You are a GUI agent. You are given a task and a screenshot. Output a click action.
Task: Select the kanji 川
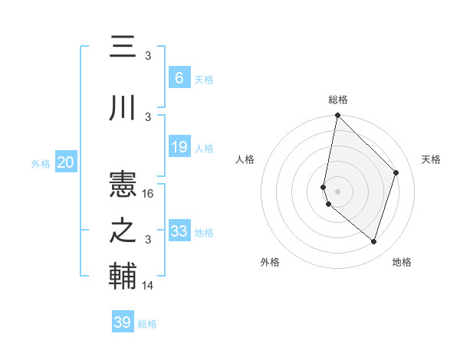click(123, 107)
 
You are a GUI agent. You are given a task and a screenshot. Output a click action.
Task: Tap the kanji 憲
click(123, 184)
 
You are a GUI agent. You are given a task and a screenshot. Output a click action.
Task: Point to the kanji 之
click(123, 231)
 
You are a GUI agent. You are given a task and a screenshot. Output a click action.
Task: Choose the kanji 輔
click(123, 277)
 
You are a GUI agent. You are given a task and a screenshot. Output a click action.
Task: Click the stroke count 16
click(149, 194)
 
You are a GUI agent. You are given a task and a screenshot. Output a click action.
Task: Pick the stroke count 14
click(149, 286)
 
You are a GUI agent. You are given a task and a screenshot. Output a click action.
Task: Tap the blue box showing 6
click(179, 78)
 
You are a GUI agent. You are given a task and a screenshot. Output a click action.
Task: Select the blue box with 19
click(179, 147)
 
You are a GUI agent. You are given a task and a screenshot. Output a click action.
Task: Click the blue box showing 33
click(179, 231)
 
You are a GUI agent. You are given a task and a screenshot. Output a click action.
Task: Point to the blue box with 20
click(66, 162)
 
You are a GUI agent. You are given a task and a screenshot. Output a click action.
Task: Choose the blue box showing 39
click(122, 322)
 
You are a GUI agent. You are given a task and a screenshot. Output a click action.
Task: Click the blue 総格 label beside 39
click(147, 324)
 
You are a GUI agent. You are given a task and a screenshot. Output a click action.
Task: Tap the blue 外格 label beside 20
click(41, 163)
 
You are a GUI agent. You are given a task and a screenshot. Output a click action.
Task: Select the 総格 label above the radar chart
click(337, 100)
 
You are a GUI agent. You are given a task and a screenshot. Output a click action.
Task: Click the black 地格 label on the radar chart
click(402, 262)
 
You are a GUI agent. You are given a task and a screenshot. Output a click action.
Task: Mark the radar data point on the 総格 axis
click(337, 116)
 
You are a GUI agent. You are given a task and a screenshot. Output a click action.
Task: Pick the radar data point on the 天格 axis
click(396, 172)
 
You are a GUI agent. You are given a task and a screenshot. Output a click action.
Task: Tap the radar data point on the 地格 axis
click(373, 242)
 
